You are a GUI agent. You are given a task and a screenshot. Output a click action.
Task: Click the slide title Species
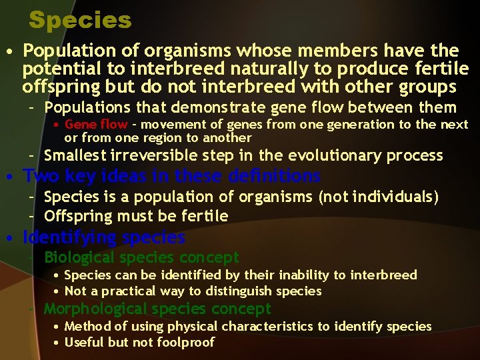80,20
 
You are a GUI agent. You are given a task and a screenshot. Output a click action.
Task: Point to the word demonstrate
219,107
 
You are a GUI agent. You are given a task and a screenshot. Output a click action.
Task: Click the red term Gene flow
95,125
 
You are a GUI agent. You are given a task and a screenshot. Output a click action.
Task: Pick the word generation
359,125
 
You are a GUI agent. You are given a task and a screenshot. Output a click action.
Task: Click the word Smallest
75,156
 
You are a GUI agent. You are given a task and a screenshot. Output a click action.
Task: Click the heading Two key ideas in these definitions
171,177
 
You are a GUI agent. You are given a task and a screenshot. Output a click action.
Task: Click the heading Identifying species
104,237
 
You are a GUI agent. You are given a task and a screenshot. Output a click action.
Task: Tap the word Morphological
95,309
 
